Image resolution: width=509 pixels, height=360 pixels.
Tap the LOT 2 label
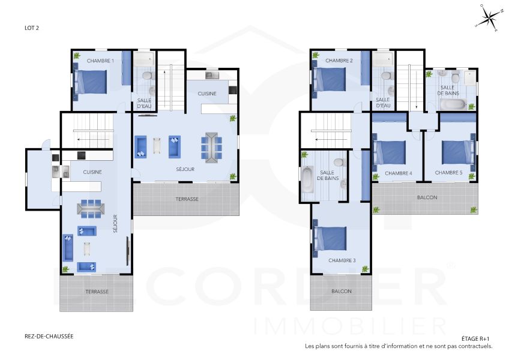[x=32, y=28]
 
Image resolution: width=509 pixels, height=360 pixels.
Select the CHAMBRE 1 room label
[x=100, y=61]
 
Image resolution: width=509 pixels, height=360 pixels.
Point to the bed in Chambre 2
[x=330, y=79]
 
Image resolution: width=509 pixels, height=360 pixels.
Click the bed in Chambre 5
[x=459, y=151]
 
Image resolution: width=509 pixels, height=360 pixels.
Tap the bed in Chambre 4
[x=390, y=151]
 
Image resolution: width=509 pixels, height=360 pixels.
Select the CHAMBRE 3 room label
[x=342, y=260]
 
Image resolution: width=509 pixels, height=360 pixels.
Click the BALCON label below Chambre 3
[x=342, y=292]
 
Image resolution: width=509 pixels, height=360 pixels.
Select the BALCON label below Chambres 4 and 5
[x=426, y=197]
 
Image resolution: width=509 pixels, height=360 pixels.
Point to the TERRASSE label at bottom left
[x=97, y=292]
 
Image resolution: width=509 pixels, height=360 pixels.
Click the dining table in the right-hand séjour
[x=211, y=147]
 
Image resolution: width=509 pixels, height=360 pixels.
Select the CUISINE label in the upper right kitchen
[x=208, y=94]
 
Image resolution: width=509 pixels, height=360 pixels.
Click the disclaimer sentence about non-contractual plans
[x=399, y=346]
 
